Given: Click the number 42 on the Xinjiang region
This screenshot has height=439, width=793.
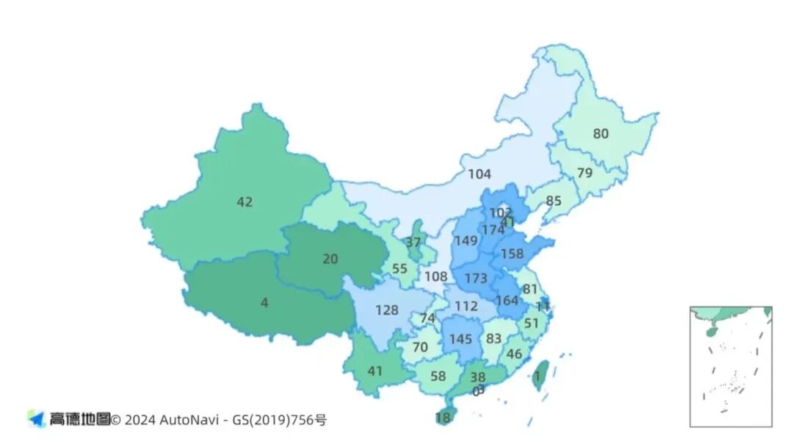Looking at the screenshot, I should pyautogui.click(x=245, y=201).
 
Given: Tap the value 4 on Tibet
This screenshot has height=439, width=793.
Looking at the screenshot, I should pyautogui.click(x=264, y=302).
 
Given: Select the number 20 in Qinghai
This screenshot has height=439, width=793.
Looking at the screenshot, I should pyautogui.click(x=330, y=258).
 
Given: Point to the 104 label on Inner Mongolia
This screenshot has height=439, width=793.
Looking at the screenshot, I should pyautogui.click(x=479, y=174).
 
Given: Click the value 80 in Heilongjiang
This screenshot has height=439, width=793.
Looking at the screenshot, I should pyautogui.click(x=601, y=134).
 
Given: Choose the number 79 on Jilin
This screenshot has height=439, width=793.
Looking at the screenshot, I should pyautogui.click(x=584, y=174).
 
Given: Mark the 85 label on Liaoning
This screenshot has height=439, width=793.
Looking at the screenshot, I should pyautogui.click(x=554, y=200).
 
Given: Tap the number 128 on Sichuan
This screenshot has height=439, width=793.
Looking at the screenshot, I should pyautogui.click(x=387, y=310).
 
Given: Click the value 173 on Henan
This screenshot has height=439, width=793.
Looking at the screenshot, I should pyautogui.click(x=476, y=279).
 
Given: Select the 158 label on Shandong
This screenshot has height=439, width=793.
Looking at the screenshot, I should pyautogui.click(x=512, y=254).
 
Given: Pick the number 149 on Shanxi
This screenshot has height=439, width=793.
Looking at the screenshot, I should pyautogui.click(x=466, y=240).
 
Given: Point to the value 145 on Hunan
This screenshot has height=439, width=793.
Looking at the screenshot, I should pyautogui.click(x=460, y=339).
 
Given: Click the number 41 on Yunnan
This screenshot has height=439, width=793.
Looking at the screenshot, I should pyautogui.click(x=375, y=371).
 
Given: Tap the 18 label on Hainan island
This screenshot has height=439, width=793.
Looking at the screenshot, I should pyautogui.click(x=443, y=418).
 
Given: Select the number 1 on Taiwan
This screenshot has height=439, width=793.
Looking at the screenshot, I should pyautogui.click(x=537, y=376).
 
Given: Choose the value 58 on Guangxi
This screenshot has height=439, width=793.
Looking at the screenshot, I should pyautogui.click(x=438, y=376).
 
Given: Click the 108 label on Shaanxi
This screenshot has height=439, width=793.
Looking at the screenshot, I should pyautogui.click(x=435, y=276).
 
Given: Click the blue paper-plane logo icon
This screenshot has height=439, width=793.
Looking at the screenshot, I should pyautogui.click(x=37, y=418).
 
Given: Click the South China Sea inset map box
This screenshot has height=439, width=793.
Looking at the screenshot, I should pyautogui.click(x=731, y=366).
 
